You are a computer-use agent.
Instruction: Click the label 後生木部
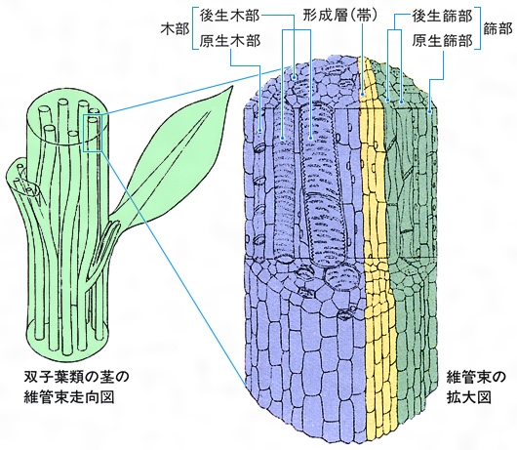point(230,17)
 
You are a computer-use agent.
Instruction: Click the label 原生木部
point(230,41)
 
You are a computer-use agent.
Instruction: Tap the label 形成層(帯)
point(340,17)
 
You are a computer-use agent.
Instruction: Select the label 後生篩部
point(442,17)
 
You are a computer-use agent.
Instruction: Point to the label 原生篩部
point(442,41)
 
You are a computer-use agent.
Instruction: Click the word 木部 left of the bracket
point(175,29)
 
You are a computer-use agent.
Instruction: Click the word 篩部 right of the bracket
point(497,29)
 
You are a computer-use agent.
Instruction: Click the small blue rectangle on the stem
point(93,133)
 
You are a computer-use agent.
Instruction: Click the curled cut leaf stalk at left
point(23,180)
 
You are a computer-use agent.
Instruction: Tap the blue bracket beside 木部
point(194,29)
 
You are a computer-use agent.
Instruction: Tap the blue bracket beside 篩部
point(478,29)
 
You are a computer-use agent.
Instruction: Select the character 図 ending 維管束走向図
point(107,397)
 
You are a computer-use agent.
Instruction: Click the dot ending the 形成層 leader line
point(362,94)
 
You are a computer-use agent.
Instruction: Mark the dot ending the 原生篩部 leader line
point(430,112)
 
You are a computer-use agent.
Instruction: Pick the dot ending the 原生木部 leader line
point(260,130)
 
